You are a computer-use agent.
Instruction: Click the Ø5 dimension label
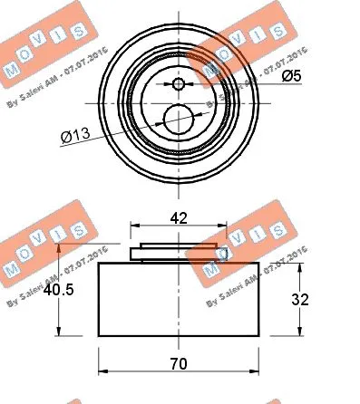point(290,77)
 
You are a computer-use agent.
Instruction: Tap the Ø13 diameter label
point(76,138)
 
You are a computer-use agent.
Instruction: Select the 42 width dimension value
point(178,217)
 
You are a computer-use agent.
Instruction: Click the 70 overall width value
point(178,364)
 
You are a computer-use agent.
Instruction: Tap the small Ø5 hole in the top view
point(178,85)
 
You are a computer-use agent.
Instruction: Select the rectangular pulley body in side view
point(178,300)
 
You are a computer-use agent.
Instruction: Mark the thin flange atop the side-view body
point(178,250)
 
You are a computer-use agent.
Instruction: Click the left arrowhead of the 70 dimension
point(102,371)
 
